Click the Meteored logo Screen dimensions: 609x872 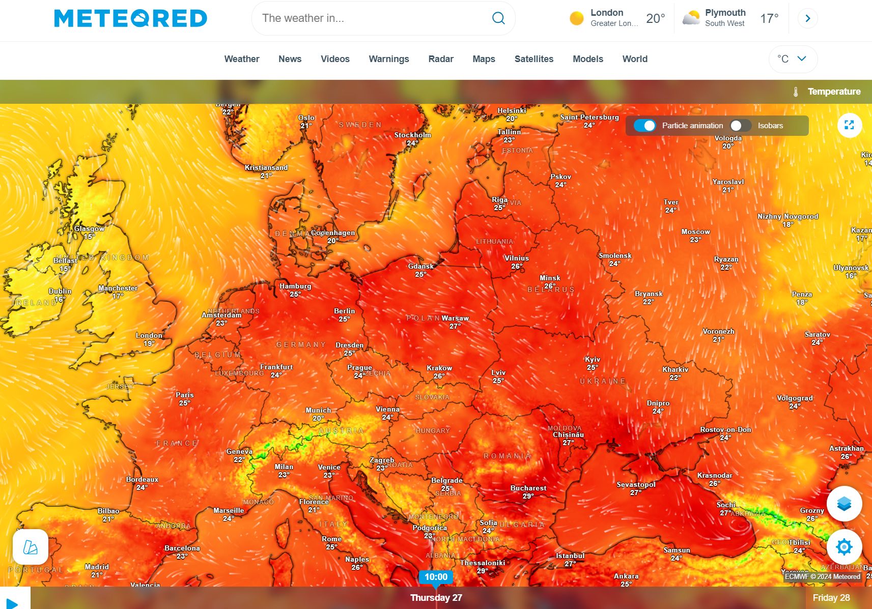pos(130,18)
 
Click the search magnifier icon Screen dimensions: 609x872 pos(498,18)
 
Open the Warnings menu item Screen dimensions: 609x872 pos(388,59)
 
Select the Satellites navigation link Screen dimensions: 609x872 pos(533,59)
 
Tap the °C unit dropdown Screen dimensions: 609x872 pos(792,59)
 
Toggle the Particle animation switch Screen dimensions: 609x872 pos(644,126)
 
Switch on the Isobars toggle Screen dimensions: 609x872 pos(740,126)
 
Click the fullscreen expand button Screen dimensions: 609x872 pos(849,125)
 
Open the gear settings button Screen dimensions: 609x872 pos(843,547)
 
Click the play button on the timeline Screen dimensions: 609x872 pos(13,603)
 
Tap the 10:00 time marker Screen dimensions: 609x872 pos(436,577)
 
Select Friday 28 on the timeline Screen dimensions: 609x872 pos(831,598)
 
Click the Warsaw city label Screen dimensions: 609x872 pos(455,318)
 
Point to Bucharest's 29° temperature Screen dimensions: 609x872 pos(528,496)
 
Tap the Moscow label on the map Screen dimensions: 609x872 pos(695,231)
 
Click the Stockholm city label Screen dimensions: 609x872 pos(412,135)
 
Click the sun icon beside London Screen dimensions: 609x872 pos(576,18)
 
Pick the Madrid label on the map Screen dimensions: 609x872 pos(97,567)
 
